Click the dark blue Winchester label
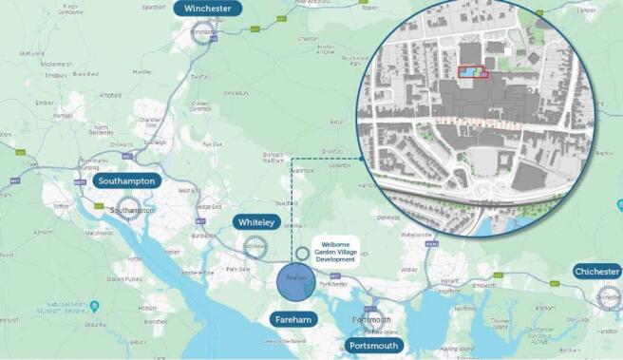(x=207, y=9)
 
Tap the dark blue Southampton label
(x=127, y=180)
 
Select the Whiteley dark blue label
(x=256, y=222)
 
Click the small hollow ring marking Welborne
(x=302, y=254)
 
